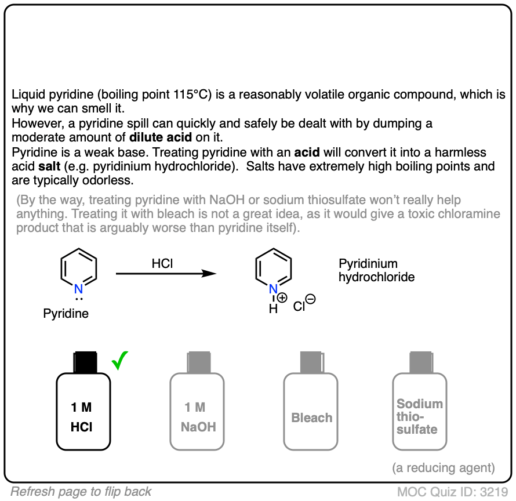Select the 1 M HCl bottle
tap(83, 412)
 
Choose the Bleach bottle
tap(311, 412)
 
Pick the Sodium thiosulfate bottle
tap(419, 412)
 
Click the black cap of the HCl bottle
tap(83, 362)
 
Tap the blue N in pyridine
tap(79, 289)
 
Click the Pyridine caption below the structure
tap(66, 314)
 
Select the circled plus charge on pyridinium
tap(282, 298)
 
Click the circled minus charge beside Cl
tap(310, 299)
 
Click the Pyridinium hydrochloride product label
tap(376, 270)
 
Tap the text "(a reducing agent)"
tap(443, 467)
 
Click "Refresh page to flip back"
tap(81, 492)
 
